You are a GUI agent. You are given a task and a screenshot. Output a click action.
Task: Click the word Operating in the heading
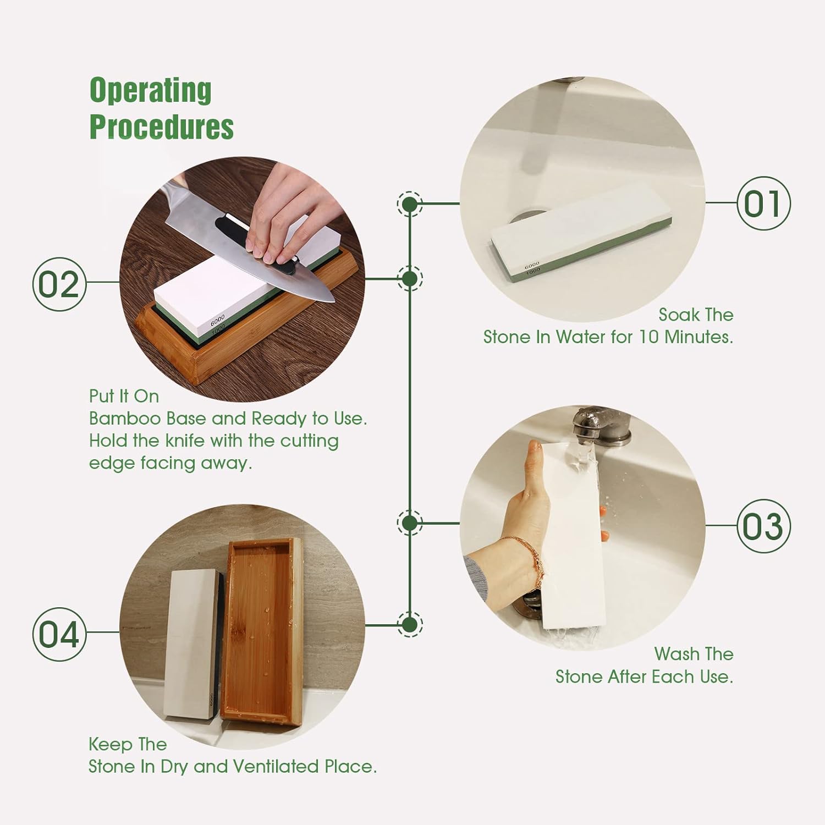coord(150,91)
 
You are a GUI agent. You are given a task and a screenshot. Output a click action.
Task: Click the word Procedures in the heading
coord(162,126)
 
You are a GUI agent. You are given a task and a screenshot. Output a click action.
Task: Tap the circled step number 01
coord(763,204)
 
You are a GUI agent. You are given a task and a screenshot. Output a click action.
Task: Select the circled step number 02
coord(59,285)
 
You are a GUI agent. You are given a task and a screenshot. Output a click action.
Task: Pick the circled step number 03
coord(763,526)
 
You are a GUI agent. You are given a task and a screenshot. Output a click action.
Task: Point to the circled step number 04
coord(59,635)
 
